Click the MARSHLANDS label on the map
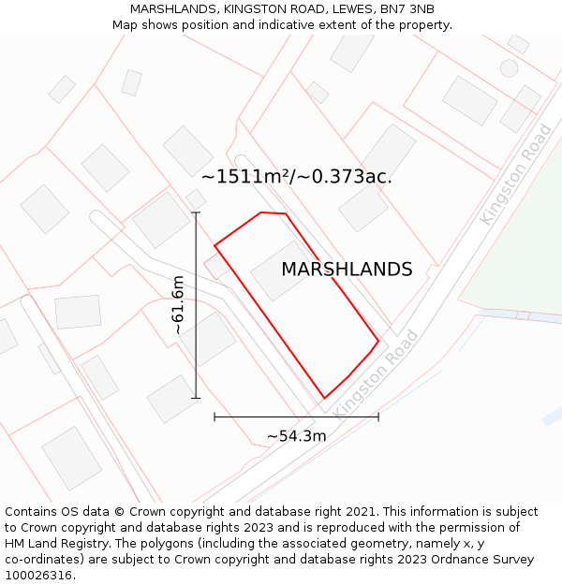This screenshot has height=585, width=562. coord(347,270)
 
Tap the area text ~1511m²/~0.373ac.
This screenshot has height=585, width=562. coord(296,176)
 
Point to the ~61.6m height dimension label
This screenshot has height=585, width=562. coord(178,305)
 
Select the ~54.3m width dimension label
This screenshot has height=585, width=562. coord(296,436)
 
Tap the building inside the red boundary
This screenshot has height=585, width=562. coord(282,271)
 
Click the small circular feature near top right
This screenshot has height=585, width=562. coord(509,67)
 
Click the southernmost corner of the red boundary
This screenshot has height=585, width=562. coord(324,399)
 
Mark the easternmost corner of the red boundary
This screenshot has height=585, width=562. coord(378,341)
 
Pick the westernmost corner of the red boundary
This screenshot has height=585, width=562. coord(215,246)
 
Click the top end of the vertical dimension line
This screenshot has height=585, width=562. coord(196,212)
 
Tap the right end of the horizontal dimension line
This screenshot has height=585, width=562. coord(378,417)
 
